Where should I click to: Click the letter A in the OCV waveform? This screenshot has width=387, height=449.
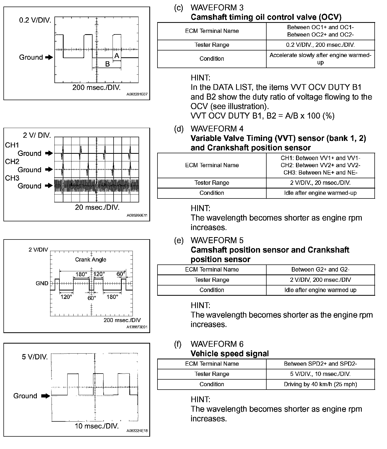117,56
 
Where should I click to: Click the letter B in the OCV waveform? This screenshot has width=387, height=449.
107,64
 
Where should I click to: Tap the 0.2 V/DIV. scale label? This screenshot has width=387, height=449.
35,20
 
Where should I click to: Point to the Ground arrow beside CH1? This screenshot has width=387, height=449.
49,153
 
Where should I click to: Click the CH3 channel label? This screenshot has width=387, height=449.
12,178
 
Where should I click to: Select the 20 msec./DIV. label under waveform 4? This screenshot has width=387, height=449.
97,207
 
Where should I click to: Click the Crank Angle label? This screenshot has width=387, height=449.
91,259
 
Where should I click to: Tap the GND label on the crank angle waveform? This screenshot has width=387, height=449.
42,283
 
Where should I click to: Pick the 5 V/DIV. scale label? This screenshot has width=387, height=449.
35,357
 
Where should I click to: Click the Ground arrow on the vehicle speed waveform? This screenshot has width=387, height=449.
46,396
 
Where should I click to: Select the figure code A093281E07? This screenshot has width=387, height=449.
137,94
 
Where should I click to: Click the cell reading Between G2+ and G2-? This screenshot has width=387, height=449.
320,269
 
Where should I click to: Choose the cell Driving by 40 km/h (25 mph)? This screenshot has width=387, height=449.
320,384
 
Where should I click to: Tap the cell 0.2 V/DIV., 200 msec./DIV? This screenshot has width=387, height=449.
320,45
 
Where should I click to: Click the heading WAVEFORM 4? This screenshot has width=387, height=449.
217,129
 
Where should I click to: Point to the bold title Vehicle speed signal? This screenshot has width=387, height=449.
230,354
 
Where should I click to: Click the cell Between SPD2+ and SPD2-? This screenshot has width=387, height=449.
320,364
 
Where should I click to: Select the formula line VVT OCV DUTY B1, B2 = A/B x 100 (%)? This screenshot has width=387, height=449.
262,116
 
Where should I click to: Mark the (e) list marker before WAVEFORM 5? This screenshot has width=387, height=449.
179,240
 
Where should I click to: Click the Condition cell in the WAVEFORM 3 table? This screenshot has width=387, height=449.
212,59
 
